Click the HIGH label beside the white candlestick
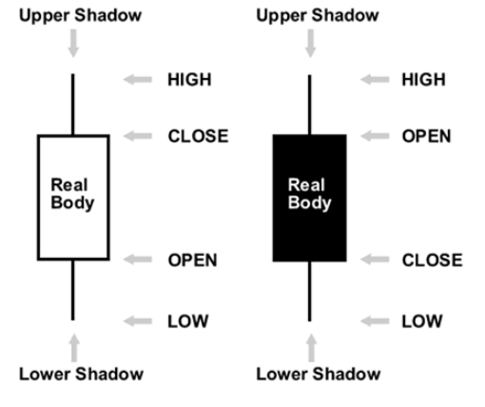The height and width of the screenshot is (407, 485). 189,80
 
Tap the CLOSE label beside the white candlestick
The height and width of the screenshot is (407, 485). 198,136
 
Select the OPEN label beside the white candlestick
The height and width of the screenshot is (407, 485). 192,261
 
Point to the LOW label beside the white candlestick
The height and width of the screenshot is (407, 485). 188,321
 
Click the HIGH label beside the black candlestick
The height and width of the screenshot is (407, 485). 423,80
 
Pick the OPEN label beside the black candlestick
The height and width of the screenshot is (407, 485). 426,136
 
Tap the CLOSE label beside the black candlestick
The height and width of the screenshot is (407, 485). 433,261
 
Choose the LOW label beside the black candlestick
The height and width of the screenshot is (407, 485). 422,321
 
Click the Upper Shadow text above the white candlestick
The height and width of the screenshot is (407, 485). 81,16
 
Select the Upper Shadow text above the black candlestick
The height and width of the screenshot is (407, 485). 318,16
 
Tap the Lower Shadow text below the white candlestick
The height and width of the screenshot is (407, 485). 81,374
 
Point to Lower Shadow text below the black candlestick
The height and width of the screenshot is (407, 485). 319,374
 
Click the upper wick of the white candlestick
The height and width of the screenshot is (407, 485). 73,105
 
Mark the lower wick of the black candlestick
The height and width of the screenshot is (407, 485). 310,291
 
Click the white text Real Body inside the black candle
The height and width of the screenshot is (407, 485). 309,194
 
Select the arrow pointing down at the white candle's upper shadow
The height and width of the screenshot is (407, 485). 73,44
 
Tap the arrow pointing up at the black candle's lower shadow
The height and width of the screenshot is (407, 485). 312,348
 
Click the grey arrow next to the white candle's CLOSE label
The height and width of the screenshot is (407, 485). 138,136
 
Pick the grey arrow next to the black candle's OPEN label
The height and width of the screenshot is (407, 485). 375,136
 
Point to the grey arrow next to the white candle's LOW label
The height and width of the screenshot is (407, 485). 138,321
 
